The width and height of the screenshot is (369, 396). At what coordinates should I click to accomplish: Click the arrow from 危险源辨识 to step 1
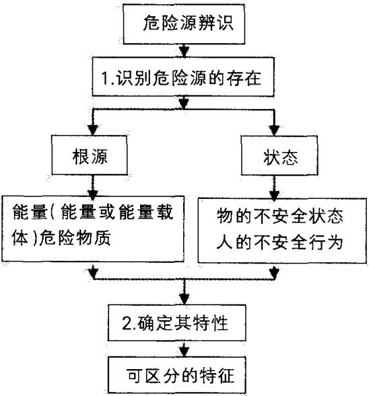[183, 50]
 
